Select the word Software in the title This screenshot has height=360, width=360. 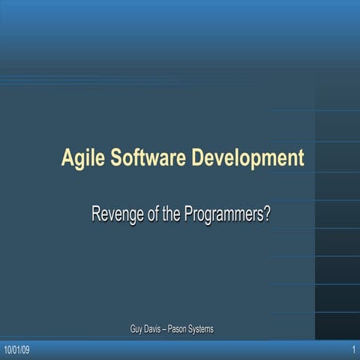pyautogui.click(x=148, y=158)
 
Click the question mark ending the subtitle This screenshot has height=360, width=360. pyautogui.click(x=266, y=214)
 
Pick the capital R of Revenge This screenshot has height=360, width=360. pyautogui.click(x=96, y=214)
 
